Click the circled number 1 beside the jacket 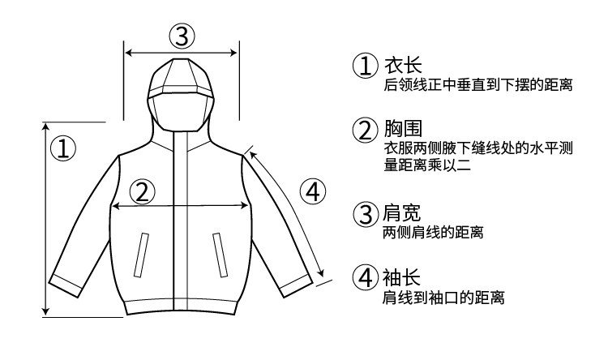pos(62,148)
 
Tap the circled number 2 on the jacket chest pos(142,191)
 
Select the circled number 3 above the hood pos(182,35)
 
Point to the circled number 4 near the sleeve pos(312,191)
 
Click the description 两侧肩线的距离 pos(434,234)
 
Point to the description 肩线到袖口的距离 pos(444,298)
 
